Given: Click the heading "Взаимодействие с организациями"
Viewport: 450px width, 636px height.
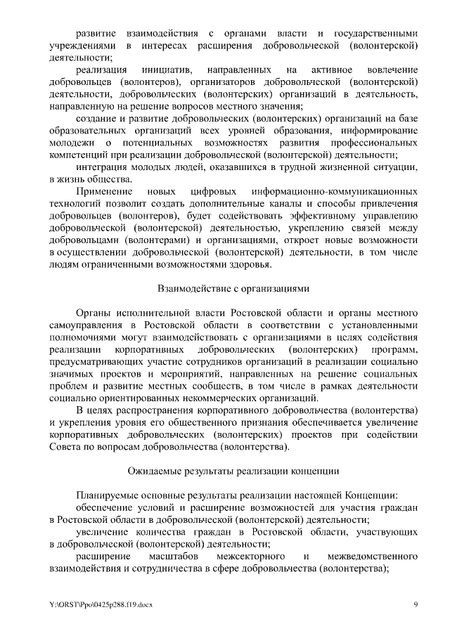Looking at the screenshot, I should (233, 289).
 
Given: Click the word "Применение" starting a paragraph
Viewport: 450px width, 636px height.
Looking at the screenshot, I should (105, 192).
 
